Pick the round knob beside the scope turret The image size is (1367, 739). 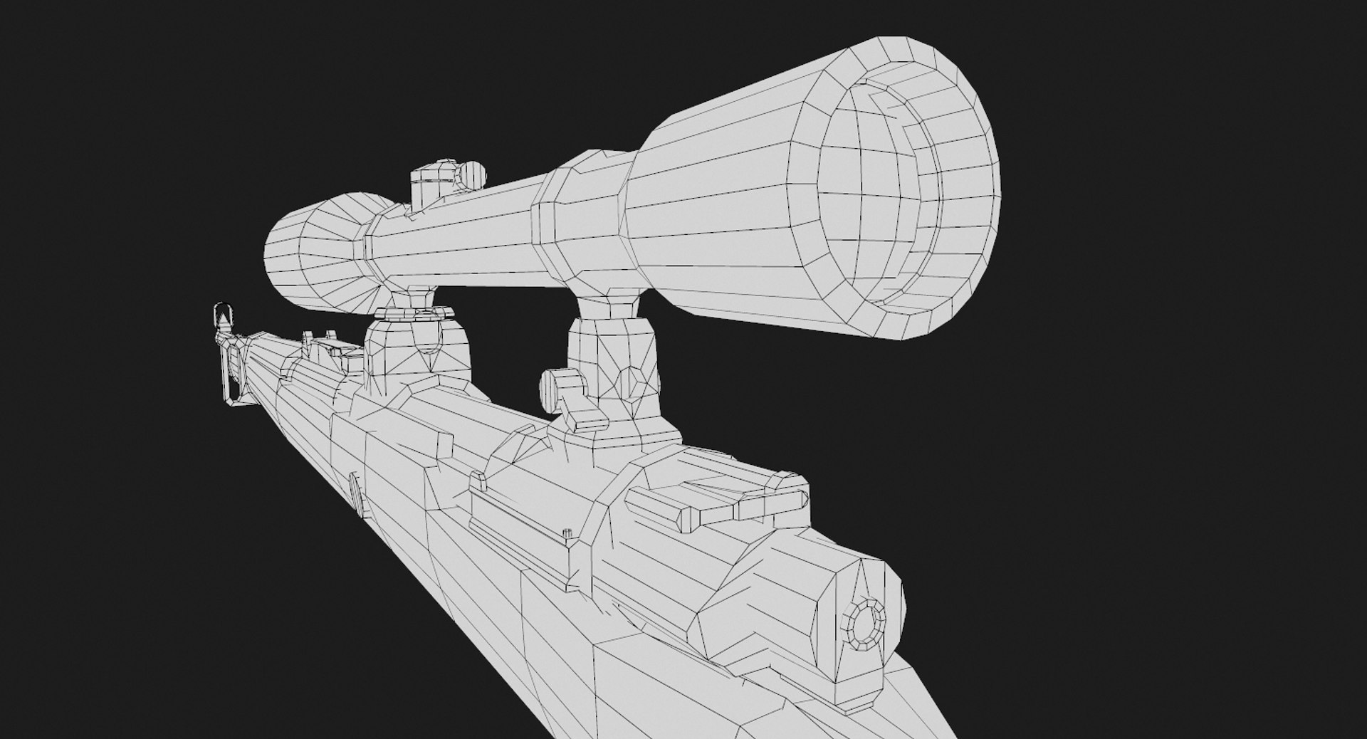point(471,175)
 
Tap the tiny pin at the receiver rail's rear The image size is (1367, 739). point(567,533)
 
